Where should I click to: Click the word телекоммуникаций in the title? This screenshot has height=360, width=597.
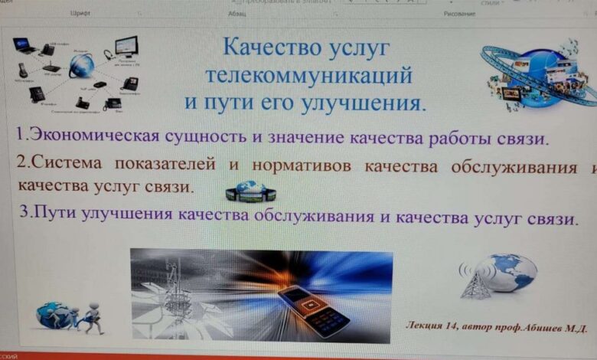[x=310, y=76]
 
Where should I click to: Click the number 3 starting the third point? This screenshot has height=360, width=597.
[x=26, y=214]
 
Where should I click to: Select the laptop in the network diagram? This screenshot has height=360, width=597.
[x=24, y=46]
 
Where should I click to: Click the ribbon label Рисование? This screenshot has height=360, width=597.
[x=459, y=14]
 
